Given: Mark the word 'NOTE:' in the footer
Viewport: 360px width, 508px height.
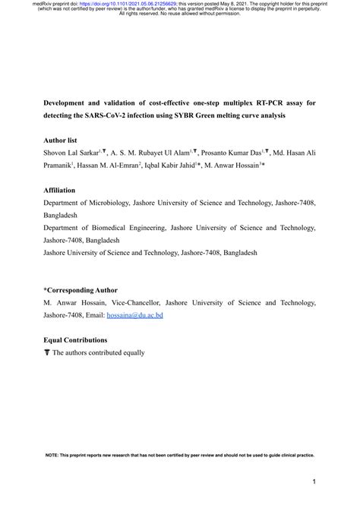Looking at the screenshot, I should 52,455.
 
